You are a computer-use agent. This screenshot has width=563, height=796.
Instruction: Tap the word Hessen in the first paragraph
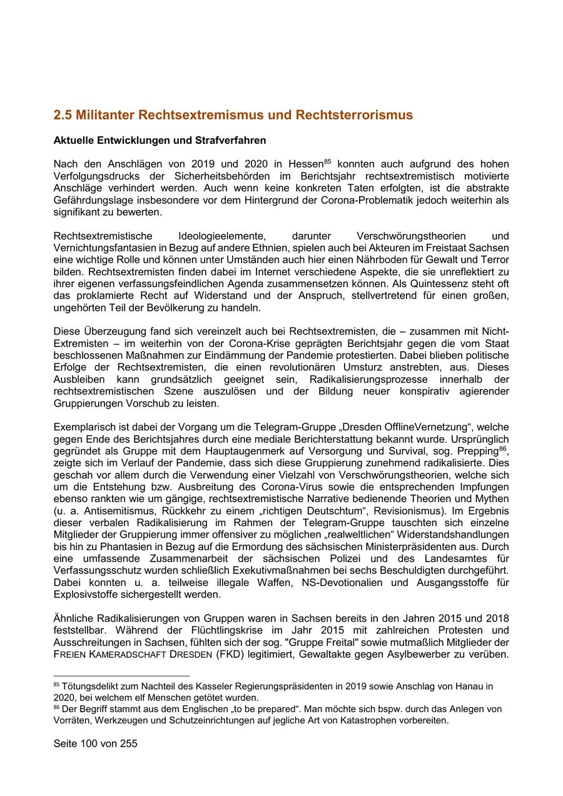pyautogui.click(x=306, y=164)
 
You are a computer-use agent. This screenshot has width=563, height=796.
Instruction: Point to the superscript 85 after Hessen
pyautogui.click(x=327, y=161)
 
